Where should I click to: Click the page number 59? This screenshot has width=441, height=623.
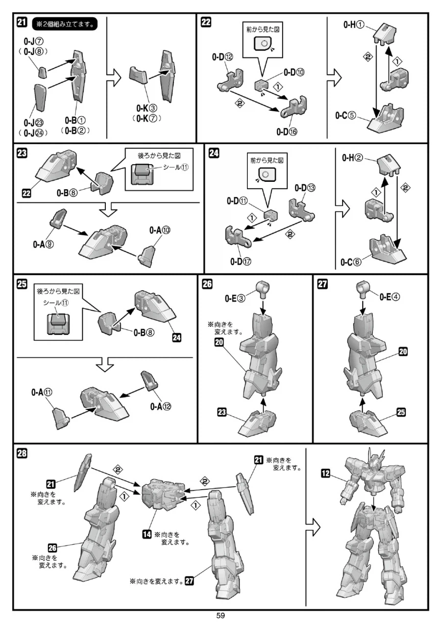coord(220,616)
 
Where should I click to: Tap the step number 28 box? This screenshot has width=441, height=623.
coord(23,453)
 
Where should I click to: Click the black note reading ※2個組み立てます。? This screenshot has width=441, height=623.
coord(63,24)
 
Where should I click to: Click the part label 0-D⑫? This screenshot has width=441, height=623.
coord(223,57)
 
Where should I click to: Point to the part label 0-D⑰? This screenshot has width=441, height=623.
coord(240,261)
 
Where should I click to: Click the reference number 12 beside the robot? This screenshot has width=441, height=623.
coord(326,473)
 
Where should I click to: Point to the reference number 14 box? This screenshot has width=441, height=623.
coord(146,534)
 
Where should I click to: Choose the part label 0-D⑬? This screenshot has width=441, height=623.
coord(305,188)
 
